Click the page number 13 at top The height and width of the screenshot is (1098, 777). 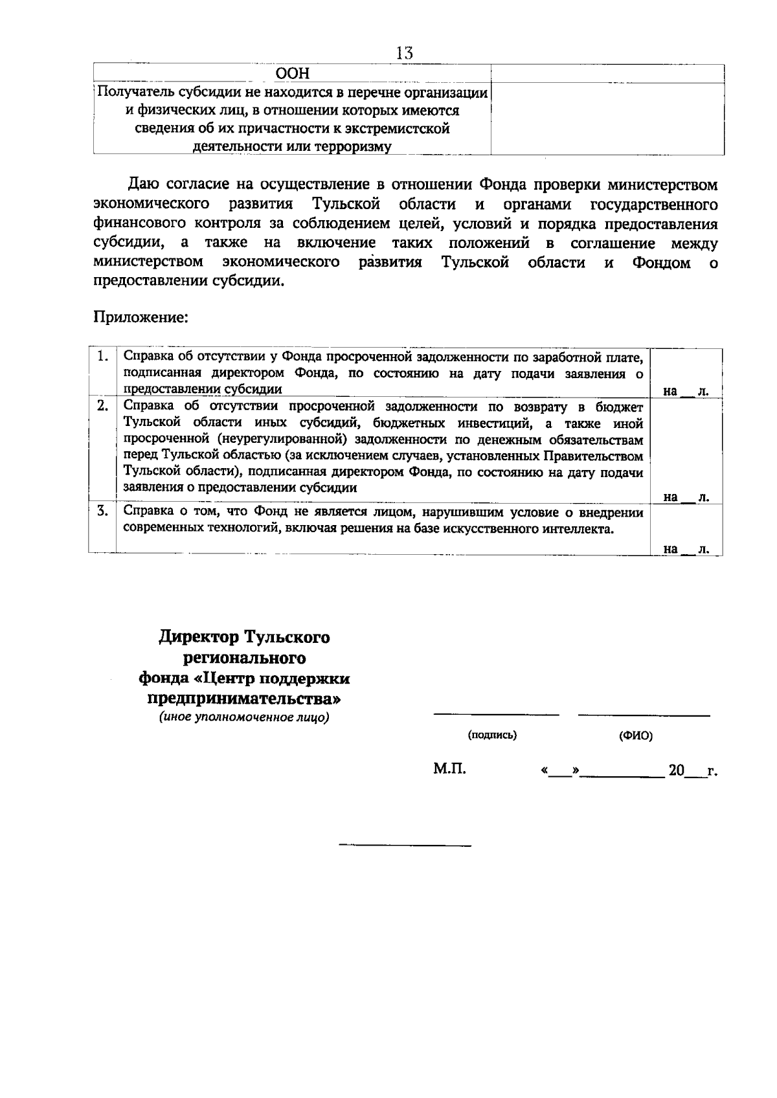pyautogui.click(x=405, y=53)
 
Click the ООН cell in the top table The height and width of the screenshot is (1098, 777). pyautogui.click(x=293, y=74)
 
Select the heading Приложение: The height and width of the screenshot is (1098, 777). pyautogui.click(x=141, y=318)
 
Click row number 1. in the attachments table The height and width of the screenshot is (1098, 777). pyautogui.click(x=102, y=357)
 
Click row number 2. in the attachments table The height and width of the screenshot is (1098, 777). pyautogui.click(x=102, y=407)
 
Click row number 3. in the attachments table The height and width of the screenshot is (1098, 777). pyautogui.click(x=102, y=511)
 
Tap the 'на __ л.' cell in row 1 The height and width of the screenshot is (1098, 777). pyautogui.click(x=686, y=391)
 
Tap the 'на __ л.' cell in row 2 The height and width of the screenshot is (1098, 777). pyautogui.click(x=686, y=497)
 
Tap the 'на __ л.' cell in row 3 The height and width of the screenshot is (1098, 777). pyautogui.click(x=686, y=549)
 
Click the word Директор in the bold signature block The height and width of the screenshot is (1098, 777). pyautogui.click(x=199, y=637)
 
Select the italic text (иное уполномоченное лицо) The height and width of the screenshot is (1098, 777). pyautogui.click(x=245, y=717)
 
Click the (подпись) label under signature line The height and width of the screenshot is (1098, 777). pyautogui.click(x=492, y=735)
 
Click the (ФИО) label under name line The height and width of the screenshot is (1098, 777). pyautogui.click(x=635, y=736)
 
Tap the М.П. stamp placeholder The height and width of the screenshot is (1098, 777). pyautogui.click(x=449, y=770)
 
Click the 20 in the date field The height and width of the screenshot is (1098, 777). pyautogui.click(x=676, y=770)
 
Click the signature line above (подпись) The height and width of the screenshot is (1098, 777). pyautogui.click(x=495, y=715)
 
